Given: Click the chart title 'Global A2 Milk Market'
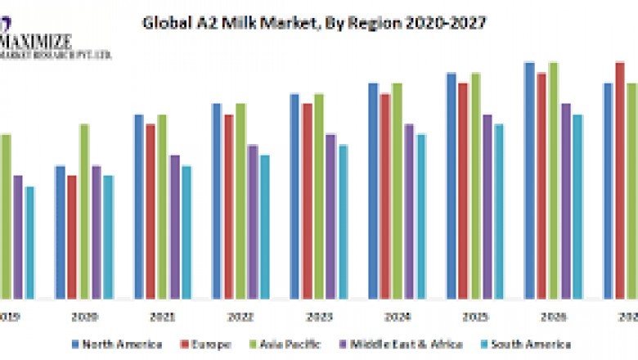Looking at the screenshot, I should [314, 23].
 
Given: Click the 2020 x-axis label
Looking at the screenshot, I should [83, 315].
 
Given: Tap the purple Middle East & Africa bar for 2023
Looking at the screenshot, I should [330, 216].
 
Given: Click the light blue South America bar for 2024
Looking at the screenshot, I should [421, 216].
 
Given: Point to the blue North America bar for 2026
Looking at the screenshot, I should [529, 180].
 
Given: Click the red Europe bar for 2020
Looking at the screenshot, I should [72, 236].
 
